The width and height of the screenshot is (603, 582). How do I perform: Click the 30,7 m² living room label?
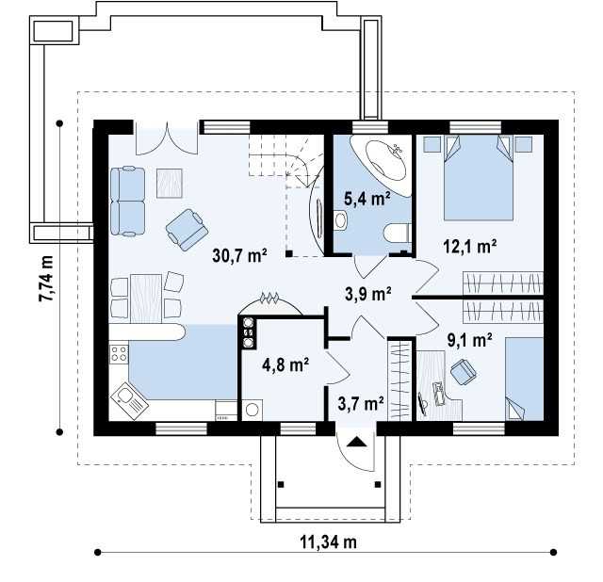click(239, 255)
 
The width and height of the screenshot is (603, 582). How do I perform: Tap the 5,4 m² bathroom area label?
click(367, 199)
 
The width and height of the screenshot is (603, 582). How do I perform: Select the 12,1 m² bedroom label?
click(469, 246)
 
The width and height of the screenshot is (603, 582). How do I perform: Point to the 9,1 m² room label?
click(469, 340)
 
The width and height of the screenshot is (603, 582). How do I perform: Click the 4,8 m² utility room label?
click(285, 364)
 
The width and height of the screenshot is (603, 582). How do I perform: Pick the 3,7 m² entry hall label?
click(360, 403)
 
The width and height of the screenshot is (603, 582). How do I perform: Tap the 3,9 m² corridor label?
click(368, 294)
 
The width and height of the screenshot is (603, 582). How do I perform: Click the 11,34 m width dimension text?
click(328, 542)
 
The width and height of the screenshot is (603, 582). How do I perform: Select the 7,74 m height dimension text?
click(46, 279)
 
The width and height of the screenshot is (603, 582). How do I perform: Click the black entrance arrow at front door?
click(356, 442)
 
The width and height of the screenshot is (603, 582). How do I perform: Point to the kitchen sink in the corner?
click(129, 400)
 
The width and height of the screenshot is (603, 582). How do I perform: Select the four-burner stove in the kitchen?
click(119, 354)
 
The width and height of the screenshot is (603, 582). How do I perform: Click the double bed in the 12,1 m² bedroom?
click(479, 177)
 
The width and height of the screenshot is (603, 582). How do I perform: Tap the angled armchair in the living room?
click(187, 230)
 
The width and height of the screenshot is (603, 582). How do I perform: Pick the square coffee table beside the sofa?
click(170, 184)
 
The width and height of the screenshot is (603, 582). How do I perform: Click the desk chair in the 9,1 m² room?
click(463, 371)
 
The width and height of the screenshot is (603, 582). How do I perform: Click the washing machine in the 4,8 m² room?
click(253, 410)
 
